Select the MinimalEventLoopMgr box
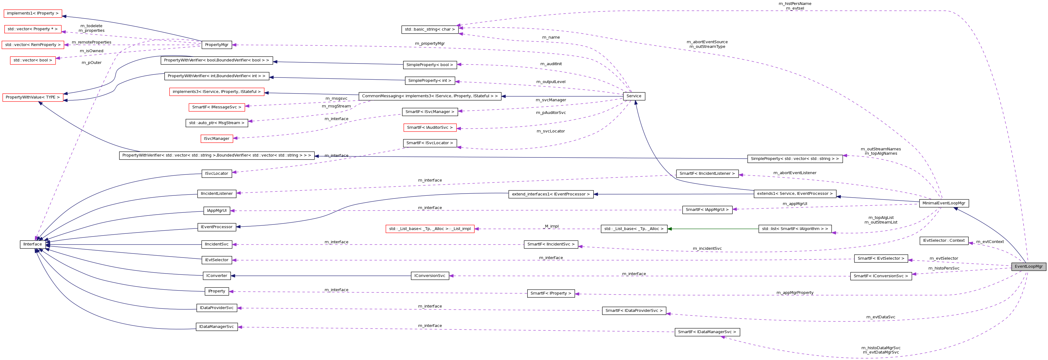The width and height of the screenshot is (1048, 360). (943, 203)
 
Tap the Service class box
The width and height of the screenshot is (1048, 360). (633, 96)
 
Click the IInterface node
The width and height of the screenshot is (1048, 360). (32, 245)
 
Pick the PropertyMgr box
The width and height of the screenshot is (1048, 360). (216, 45)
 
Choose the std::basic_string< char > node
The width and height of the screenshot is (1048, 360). (430, 29)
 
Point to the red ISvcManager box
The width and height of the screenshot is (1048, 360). (216, 139)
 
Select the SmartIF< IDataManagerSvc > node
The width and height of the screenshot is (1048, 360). (707, 332)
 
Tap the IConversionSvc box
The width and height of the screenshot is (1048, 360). (430, 276)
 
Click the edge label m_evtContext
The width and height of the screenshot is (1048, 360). (990, 242)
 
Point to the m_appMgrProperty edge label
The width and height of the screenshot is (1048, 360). (795, 292)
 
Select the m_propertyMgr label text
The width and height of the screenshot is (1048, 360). (430, 44)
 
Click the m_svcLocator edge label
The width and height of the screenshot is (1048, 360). (550, 131)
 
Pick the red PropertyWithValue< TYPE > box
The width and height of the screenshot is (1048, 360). (32, 98)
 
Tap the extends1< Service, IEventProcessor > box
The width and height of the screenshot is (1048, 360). (795, 194)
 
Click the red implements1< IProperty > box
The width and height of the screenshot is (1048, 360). (32, 13)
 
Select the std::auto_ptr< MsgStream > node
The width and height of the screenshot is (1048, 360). (216, 123)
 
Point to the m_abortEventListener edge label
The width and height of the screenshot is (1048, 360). (795, 173)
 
